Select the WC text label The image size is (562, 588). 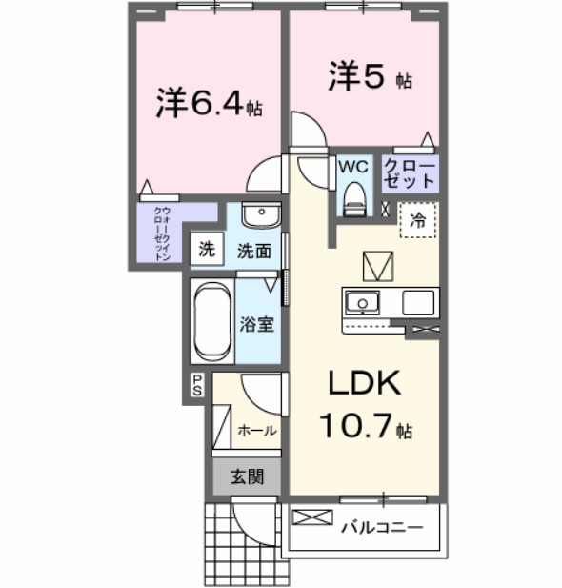coord(353,165)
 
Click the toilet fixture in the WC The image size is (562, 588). coord(353,198)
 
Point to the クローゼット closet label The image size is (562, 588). coord(410,172)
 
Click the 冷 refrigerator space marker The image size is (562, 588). coord(416,218)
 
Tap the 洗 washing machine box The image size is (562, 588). coord(206,251)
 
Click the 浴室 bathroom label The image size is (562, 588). coord(257,324)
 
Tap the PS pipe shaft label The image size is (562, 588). coord(197,384)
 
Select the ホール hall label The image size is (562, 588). coord(257,431)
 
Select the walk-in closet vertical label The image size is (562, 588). coord(163,233)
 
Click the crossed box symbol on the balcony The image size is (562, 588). coord(310,519)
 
